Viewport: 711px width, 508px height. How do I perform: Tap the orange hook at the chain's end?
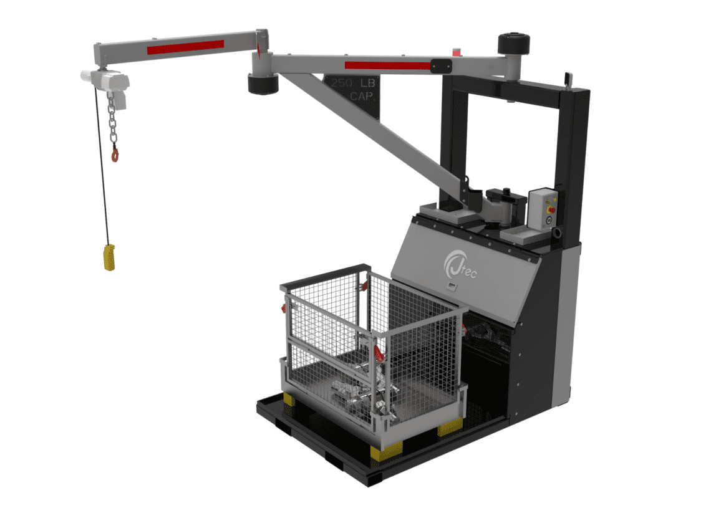(115, 154)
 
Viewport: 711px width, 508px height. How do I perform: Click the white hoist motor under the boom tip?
(105, 79)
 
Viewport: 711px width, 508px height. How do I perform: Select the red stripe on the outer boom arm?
(185, 47)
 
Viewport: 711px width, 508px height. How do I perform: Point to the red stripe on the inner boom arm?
(387, 65)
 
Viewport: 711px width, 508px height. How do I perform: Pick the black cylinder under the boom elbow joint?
(263, 84)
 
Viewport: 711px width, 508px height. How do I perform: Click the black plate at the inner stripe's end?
(440, 64)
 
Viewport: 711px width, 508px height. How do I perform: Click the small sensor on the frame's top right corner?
(568, 79)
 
